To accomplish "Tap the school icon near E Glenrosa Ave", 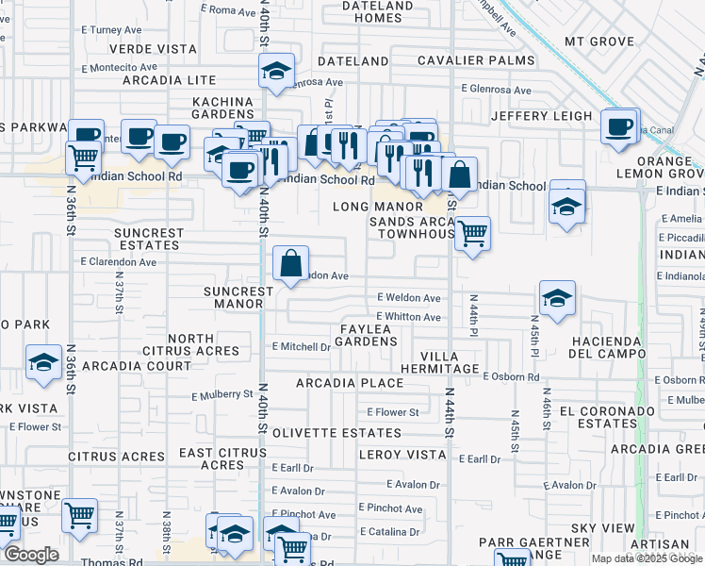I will [x=276, y=71].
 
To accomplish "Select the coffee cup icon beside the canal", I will [x=619, y=126].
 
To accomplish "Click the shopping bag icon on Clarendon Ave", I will [x=291, y=263].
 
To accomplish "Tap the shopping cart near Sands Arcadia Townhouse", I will [x=472, y=232].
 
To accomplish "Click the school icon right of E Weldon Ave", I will [x=557, y=298].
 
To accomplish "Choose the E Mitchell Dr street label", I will [x=301, y=346].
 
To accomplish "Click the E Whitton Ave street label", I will [x=408, y=317].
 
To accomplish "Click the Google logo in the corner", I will [x=30, y=555].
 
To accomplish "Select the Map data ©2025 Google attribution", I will [x=648, y=558].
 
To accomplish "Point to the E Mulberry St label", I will [x=222, y=395].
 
